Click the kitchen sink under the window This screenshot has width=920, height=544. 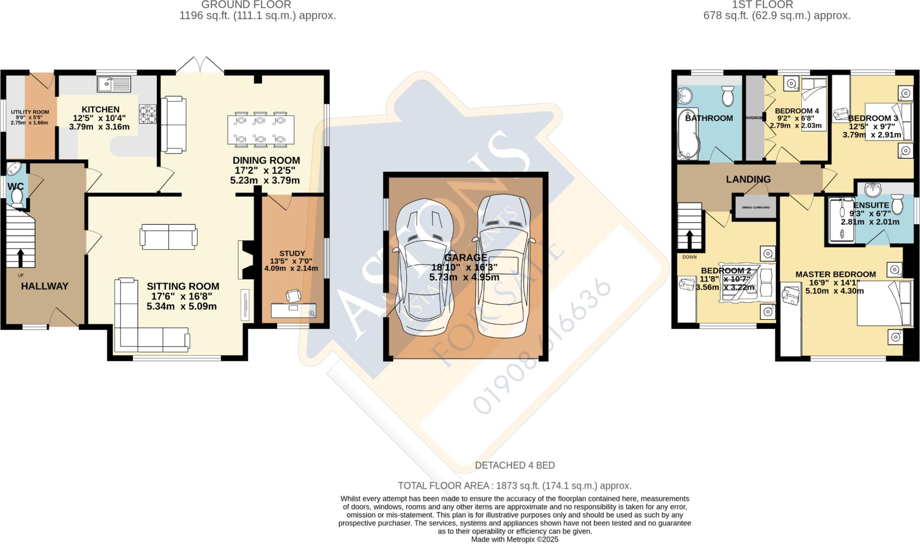click(x=113, y=84)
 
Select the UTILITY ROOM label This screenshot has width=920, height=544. click(x=30, y=112)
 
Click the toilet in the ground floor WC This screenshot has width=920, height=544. click(x=17, y=198)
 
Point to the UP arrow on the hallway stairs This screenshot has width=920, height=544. click(x=20, y=258)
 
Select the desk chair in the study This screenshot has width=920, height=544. click(x=293, y=296)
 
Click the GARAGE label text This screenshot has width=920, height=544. click(x=465, y=257)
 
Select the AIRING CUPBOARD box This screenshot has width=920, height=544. click(x=756, y=208)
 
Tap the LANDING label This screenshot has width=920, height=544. click(x=748, y=179)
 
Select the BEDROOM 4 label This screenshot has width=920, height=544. click(x=797, y=111)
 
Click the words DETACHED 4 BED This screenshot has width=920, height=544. click(x=515, y=465)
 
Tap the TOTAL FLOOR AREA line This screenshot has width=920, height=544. click(x=515, y=486)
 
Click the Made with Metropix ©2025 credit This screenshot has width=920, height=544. click(x=515, y=540)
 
